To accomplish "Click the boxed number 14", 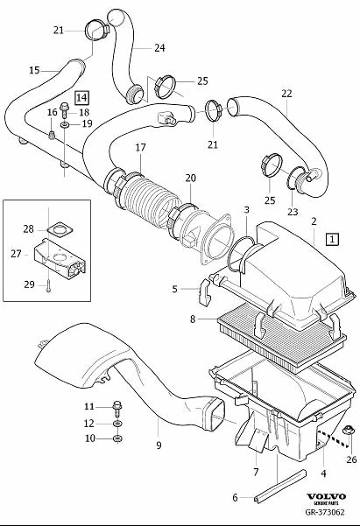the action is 82,98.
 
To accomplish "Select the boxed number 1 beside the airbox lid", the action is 332,239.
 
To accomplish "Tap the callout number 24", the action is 159,48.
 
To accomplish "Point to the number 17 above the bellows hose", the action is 141,147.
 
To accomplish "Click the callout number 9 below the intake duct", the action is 159,445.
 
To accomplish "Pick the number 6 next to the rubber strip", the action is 235,497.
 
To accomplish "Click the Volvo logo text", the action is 326,496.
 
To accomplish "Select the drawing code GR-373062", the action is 325,512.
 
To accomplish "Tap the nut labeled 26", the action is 347,430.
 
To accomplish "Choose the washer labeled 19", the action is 65,125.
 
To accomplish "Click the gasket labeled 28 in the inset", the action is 59,230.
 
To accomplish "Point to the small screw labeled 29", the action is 48,287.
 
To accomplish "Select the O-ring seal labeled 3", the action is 241,253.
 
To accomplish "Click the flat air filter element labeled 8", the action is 282,339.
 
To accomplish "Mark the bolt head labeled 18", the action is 64,108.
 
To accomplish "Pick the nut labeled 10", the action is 117,438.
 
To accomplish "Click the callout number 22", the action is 286,94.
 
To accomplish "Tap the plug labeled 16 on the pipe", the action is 51,135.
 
